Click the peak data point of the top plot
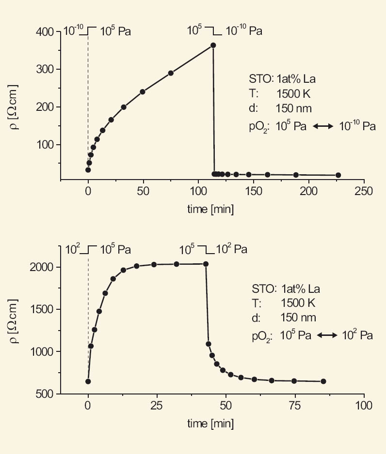[213, 45]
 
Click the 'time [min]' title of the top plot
[210, 209]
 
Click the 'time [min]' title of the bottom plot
[210, 424]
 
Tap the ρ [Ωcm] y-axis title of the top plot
[15, 108]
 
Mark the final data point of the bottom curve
[323, 381]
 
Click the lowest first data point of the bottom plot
[88, 381]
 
